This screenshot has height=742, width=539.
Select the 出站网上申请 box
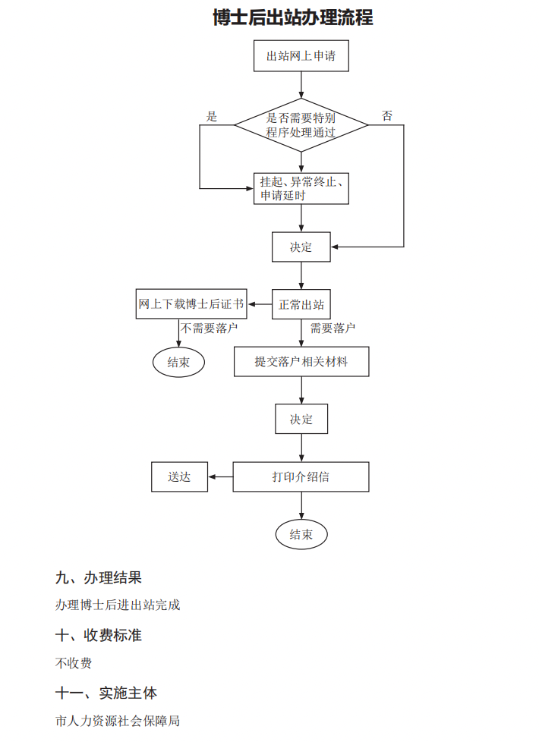tap(301, 56)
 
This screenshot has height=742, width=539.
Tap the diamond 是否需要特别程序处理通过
tap(301, 124)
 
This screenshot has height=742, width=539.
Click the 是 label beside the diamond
tap(212, 117)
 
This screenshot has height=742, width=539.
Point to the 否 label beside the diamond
tap(387, 116)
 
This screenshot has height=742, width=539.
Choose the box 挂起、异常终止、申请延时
tap(301, 189)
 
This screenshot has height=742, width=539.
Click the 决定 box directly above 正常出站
tap(301, 247)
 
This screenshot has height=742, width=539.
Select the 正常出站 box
tap(301, 305)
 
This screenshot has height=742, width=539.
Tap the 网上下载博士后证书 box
tap(191, 304)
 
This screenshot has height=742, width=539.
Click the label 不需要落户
tap(210, 329)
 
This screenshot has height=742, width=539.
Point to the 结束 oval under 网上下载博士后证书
tap(178, 362)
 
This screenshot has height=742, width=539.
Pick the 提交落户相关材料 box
tap(301, 362)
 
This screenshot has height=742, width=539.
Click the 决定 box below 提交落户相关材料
tap(301, 419)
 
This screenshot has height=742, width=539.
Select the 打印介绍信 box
tap(301, 477)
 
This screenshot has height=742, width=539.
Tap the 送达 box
tap(179, 477)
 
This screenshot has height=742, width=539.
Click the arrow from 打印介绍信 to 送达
tap(220, 477)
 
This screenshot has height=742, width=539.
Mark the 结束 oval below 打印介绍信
tap(301, 535)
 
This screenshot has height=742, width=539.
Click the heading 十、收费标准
tap(99, 635)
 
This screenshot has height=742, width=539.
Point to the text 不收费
tap(74, 663)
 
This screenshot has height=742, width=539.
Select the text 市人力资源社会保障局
tap(118, 721)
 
